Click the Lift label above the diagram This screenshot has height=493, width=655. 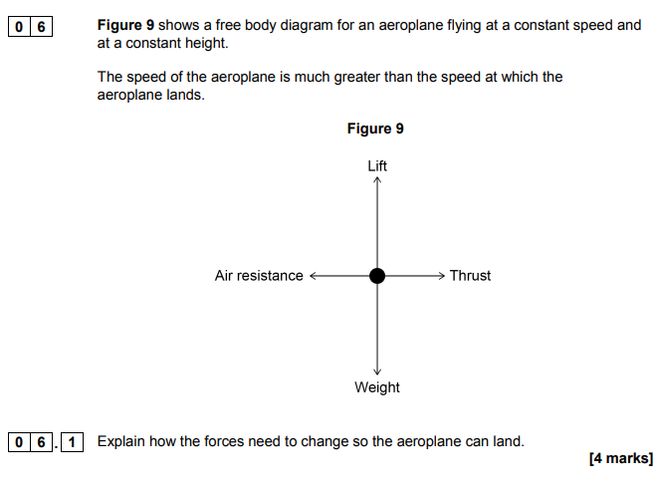[377, 166]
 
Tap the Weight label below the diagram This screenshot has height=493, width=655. [377, 387]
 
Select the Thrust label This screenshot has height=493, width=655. [470, 275]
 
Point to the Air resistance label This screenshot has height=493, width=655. [259, 275]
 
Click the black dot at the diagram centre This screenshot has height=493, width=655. [377, 276]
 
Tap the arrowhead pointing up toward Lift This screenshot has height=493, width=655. [377, 179]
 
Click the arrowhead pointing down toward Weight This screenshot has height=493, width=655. [377, 372]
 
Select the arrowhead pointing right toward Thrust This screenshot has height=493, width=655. [443, 276]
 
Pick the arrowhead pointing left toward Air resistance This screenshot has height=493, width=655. [312, 276]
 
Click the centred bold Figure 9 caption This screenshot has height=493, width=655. [375, 128]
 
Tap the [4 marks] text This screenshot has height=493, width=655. [621, 458]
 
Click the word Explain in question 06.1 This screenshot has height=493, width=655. [121, 441]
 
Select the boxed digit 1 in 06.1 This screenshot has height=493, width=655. [72, 442]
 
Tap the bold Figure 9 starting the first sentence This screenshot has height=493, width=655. [125, 25]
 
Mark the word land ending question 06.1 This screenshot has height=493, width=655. [509, 441]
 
